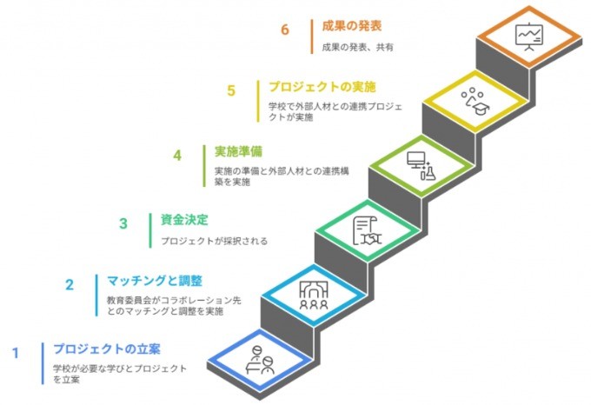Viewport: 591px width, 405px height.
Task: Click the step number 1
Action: click(x=15, y=353)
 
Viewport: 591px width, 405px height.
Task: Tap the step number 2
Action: click(x=70, y=284)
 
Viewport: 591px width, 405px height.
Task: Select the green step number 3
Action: click(x=123, y=223)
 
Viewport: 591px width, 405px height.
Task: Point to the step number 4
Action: click(x=177, y=156)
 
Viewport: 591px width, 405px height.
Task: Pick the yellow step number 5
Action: click(x=230, y=91)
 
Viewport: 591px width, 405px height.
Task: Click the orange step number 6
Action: click(x=284, y=30)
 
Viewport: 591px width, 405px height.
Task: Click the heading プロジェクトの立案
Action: click(x=106, y=349)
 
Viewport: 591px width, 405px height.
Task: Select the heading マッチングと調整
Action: click(x=154, y=281)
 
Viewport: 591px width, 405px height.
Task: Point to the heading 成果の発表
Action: click(x=352, y=26)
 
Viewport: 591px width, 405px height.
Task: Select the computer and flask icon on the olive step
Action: click(x=421, y=164)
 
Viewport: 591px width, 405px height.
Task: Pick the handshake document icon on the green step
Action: click(x=367, y=229)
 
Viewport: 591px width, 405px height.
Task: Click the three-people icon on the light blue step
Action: click(x=313, y=294)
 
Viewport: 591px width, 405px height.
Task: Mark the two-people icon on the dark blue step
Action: click(x=260, y=357)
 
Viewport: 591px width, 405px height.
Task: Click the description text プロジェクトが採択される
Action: click(x=214, y=241)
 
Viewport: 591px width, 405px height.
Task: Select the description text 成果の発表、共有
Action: click(x=357, y=48)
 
